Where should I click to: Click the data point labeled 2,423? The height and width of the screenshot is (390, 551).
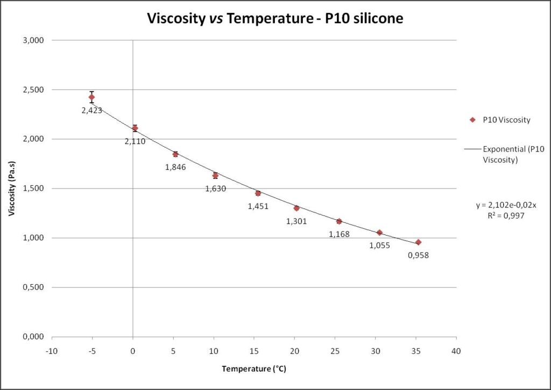pyautogui.click(x=91, y=97)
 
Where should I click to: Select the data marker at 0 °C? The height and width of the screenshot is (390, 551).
pyautogui.click(x=135, y=128)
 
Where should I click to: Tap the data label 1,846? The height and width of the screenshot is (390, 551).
pyautogui.click(x=175, y=167)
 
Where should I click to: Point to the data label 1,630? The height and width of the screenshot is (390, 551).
pyautogui.click(x=215, y=189)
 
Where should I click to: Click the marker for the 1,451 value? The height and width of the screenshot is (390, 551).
pyautogui.click(x=258, y=193)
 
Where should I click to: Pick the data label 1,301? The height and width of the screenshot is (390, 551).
pyautogui.click(x=296, y=221)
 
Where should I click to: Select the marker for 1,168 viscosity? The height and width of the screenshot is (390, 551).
pyautogui.click(x=339, y=221)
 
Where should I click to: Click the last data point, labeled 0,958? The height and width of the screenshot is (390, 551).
pyautogui.click(x=418, y=242)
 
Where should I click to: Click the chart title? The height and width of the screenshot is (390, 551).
pyautogui.click(x=275, y=19)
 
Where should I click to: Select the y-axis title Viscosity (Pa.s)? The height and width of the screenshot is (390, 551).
pyautogui.click(x=11, y=189)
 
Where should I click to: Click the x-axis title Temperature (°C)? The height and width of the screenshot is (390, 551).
pyautogui.click(x=254, y=370)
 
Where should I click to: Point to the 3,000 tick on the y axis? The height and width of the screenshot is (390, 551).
pyautogui.click(x=33, y=40)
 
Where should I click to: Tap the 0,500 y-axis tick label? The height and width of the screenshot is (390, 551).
pyautogui.click(x=33, y=287)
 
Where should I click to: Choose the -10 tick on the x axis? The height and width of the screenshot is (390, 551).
pyautogui.click(x=52, y=349)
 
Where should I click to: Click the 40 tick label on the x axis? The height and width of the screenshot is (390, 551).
pyautogui.click(x=456, y=349)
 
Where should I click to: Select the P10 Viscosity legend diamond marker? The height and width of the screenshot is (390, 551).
pyautogui.click(x=472, y=120)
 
